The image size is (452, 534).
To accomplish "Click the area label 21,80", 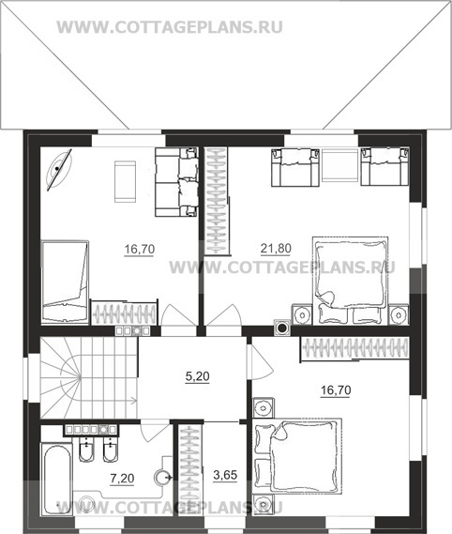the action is (x=276, y=249).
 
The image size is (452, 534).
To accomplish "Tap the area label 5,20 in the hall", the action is (x=198, y=376).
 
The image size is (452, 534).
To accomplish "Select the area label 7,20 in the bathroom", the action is (x=122, y=479).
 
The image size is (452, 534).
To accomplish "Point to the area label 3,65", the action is (x=225, y=475).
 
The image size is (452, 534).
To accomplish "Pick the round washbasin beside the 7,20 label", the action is (x=163, y=478).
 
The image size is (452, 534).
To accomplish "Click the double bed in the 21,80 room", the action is (x=351, y=280).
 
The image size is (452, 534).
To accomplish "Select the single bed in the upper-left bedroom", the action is (x=65, y=282).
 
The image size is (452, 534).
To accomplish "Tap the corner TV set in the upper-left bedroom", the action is (x=58, y=169).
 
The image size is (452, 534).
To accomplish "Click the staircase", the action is (x=89, y=377).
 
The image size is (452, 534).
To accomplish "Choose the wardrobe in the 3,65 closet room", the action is (x=189, y=470).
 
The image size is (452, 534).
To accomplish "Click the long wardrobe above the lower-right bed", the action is (x=354, y=348).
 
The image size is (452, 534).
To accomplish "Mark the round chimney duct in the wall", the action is (x=282, y=328).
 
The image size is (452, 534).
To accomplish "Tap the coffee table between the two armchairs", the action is (x=339, y=167).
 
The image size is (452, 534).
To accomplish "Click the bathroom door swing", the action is (x=155, y=431).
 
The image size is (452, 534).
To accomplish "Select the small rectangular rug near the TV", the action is (x=126, y=181).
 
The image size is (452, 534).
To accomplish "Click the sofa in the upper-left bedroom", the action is (x=176, y=182).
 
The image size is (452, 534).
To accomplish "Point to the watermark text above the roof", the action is (x=170, y=27).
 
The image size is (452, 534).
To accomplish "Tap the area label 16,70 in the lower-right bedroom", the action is (x=336, y=390).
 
